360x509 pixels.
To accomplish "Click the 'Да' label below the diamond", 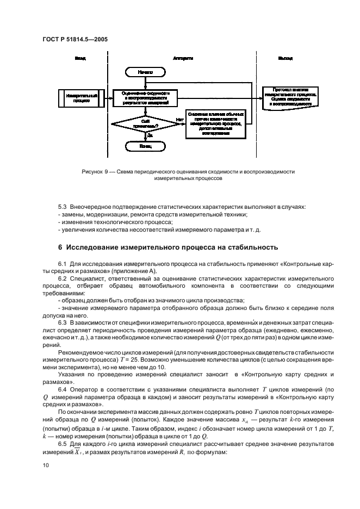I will pos(149,135).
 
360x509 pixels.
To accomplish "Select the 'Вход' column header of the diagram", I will pos(80,58).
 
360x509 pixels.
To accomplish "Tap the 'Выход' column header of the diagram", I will pos(285,58).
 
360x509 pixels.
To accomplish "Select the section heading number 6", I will pos(61,247).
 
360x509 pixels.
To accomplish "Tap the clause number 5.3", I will pos(64,207).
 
